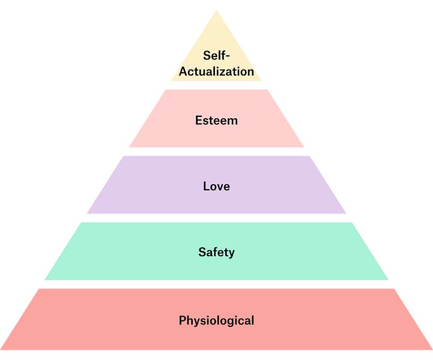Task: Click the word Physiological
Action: (x=216, y=320)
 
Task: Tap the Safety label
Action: (x=216, y=252)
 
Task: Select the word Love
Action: (x=216, y=186)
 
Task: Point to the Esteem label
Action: (x=216, y=120)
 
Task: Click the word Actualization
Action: (x=216, y=71)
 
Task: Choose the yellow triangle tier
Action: (x=216, y=36)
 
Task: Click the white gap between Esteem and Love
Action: (x=216, y=152)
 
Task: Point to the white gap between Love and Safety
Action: (x=216, y=218)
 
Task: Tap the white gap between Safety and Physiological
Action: (x=216, y=284)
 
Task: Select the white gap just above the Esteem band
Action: (x=216, y=85)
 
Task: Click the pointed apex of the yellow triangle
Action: (x=216, y=12)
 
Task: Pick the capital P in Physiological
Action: (x=183, y=320)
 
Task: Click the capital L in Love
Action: (x=206, y=186)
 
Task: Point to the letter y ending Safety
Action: (x=231, y=253)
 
